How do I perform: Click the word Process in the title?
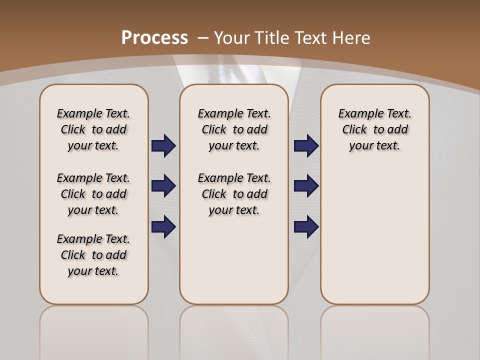click(x=154, y=37)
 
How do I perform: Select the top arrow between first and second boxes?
click(x=163, y=146)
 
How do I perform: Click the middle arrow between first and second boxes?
click(x=163, y=186)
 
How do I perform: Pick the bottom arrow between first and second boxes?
click(x=163, y=227)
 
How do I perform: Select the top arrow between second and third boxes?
click(x=306, y=146)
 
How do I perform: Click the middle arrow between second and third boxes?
click(x=306, y=186)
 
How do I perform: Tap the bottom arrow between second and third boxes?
click(x=306, y=227)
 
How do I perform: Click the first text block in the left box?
click(x=93, y=129)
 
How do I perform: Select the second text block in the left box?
click(x=93, y=194)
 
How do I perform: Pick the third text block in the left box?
click(x=93, y=255)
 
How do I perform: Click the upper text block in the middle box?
click(x=234, y=129)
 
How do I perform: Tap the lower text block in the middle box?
click(x=234, y=194)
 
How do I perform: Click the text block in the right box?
click(x=374, y=129)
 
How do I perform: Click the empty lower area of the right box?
click(x=374, y=235)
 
